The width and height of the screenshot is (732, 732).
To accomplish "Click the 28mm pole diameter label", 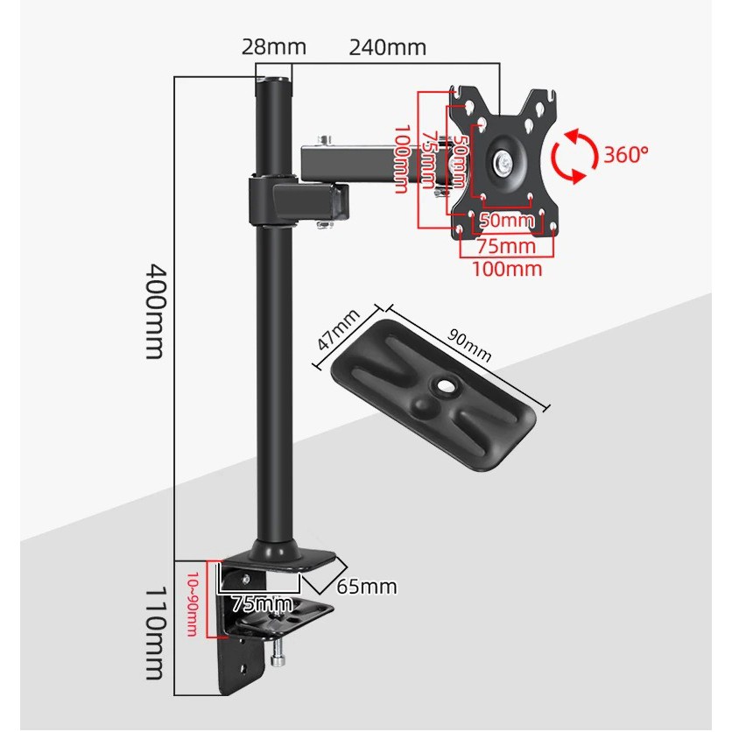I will click(268, 46).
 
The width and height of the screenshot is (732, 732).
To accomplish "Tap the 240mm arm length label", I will click(387, 46).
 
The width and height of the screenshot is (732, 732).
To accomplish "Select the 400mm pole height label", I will click(154, 311).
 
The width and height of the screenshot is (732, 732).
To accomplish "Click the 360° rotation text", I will click(626, 155).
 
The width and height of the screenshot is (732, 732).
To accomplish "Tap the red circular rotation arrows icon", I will click(574, 156).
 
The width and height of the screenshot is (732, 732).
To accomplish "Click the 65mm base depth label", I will click(368, 586).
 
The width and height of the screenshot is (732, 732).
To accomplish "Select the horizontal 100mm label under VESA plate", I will click(507, 269).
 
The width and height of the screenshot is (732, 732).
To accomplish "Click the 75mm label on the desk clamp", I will click(264, 603).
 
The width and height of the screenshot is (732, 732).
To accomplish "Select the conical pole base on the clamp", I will click(273, 549).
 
